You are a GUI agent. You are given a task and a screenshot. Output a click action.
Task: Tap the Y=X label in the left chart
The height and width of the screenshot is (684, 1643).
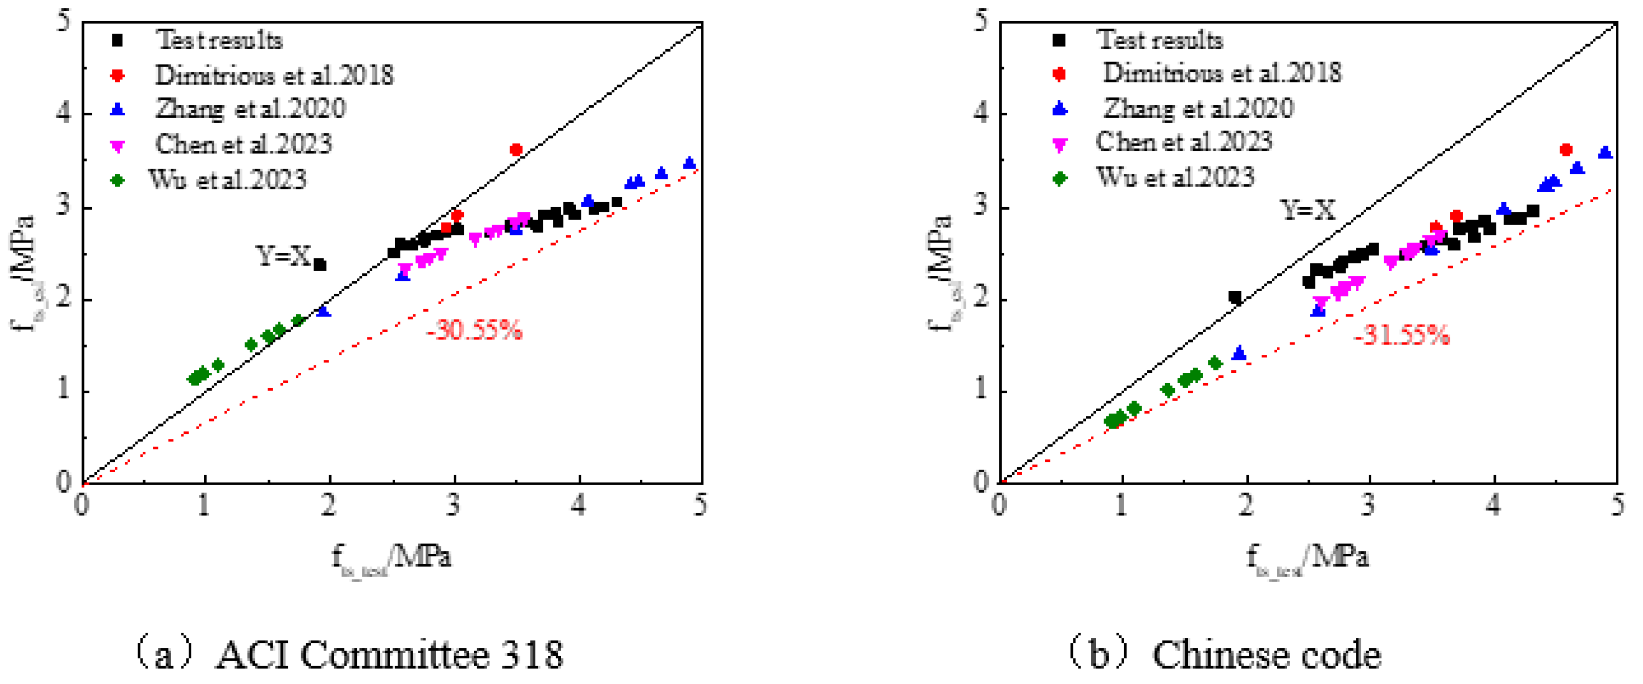click(282, 256)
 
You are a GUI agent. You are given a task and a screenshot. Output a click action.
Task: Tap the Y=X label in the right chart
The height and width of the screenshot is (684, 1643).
click(1308, 210)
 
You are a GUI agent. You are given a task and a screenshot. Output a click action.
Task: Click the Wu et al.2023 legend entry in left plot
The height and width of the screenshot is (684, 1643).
click(228, 180)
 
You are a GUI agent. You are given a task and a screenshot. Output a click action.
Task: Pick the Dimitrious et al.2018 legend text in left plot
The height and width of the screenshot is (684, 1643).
click(274, 75)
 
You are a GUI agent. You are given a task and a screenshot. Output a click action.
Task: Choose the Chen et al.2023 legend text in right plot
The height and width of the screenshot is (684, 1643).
click(1184, 142)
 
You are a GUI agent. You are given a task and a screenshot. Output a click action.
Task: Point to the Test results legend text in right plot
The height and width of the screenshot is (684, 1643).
click(1160, 40)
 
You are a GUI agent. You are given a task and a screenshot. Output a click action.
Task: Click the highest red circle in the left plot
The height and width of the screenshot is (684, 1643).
click(516, 150)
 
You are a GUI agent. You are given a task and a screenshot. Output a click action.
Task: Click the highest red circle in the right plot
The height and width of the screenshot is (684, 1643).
click(1566, 150)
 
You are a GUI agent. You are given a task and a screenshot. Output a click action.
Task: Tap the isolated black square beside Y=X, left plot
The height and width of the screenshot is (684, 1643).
click(320, 264)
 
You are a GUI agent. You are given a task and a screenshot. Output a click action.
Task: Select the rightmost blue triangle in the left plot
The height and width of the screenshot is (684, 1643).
click(689, 163)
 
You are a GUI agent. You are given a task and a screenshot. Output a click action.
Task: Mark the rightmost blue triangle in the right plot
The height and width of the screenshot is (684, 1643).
click(1606, 152)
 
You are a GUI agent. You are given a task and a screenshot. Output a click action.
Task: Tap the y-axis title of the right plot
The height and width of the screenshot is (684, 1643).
click(940, 274)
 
